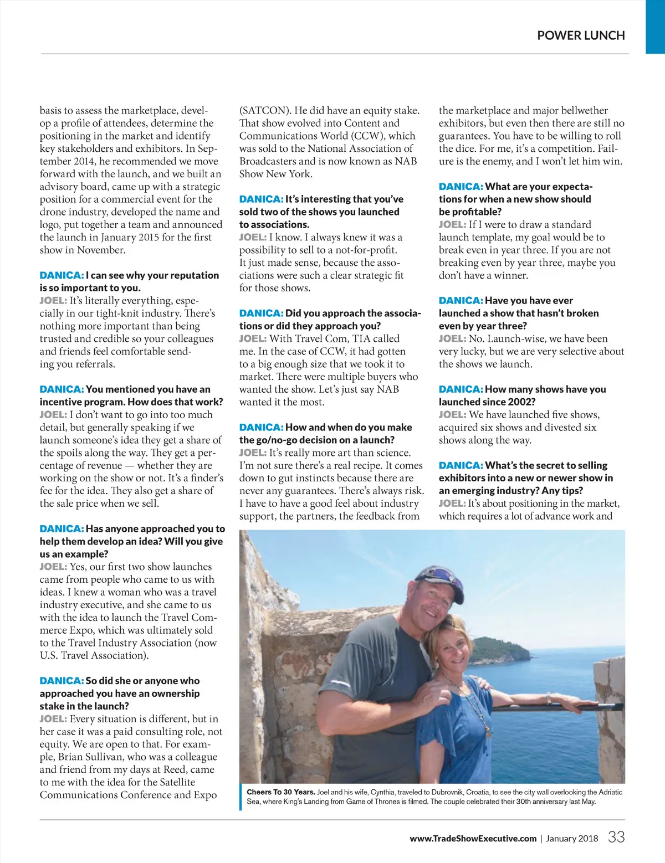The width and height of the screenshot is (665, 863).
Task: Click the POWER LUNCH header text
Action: pos(581,35)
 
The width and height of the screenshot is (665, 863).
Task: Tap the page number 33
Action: pos(616,837)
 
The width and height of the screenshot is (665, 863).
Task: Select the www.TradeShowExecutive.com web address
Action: pos(473,838)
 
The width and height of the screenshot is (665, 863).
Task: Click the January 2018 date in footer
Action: pos(572,838)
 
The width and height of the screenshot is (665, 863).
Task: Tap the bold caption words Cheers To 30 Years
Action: pos(280,792)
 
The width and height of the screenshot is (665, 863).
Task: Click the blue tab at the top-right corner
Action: pos(655,27)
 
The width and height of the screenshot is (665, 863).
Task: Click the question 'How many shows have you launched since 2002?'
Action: pos(522,395)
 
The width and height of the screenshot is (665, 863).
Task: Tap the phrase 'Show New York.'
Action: pos(275,174)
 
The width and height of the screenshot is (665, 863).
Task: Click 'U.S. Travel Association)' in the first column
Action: pos(94,655)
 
